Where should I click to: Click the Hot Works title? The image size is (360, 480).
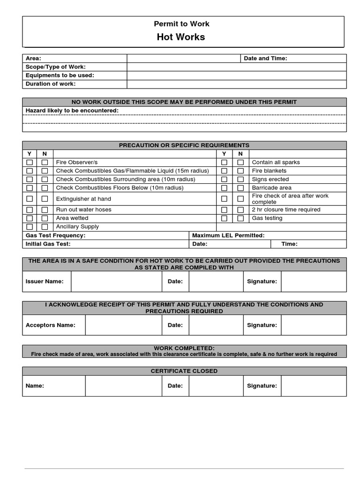tap(180, 37)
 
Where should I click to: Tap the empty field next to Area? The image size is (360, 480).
tap(183, 59)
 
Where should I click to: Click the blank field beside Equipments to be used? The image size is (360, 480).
tap(237, 75)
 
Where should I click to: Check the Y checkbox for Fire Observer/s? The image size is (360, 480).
tap(30, 163)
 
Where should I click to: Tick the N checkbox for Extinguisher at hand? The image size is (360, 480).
tap(45, 199)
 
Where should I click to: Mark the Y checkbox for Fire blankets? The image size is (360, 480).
tap(225, 171)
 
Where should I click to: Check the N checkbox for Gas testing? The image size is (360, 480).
tap(240, 218)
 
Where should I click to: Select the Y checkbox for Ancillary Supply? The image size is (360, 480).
tap(30, 227)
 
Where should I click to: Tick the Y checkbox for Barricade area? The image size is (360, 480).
tap(225, 188)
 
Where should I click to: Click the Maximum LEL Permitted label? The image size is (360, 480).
tap(228, 235)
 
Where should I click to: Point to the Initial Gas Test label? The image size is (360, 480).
tap(48, 244)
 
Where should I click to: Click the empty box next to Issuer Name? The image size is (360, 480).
tap(116, 281)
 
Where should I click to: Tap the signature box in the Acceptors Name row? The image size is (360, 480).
tap(314, 325)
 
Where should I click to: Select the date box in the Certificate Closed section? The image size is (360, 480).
tap(216, 386)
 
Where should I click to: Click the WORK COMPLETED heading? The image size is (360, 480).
tap(184, 348)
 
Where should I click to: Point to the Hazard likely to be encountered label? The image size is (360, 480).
tap(72, 111)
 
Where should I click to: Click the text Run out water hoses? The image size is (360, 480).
tap(83, 210)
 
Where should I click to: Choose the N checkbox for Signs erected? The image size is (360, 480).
tap(240, 180)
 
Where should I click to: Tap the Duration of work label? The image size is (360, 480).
tap(51, 84)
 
